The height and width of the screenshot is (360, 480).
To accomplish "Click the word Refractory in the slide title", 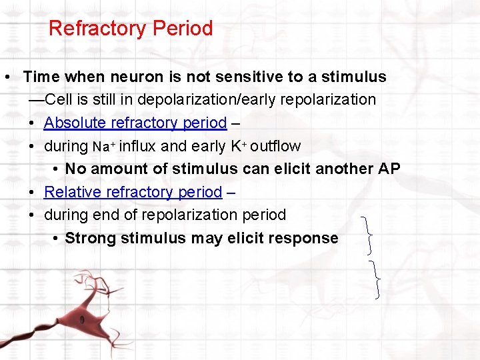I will [97, 29].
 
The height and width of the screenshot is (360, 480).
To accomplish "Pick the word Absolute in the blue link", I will [73, 123].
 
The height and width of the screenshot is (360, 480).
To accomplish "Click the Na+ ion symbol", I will [104, 147].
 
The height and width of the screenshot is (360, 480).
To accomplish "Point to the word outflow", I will [275, 146].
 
